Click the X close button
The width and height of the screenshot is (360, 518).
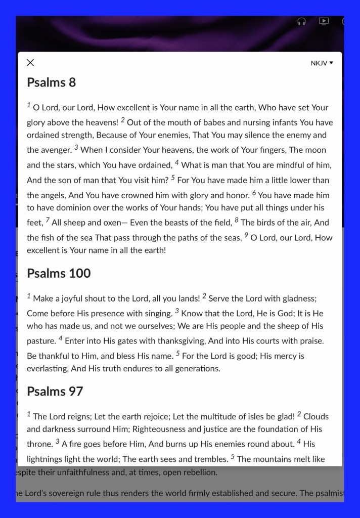30,63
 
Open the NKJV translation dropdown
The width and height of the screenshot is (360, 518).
322,63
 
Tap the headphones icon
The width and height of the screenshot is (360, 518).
302,21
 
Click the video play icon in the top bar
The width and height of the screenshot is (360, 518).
324,21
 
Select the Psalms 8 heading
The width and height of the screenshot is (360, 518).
51,82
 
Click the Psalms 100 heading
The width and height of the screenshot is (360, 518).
59,274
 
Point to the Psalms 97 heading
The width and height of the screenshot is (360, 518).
55,392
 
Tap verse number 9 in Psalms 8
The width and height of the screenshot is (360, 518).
246,235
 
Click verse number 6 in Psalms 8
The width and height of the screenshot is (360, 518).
254,193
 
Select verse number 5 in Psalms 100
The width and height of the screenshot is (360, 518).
177,354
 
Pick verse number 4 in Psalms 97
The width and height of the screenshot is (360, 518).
299,442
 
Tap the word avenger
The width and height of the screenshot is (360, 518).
56,150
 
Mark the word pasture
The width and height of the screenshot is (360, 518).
41,341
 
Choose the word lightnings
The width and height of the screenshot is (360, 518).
48,459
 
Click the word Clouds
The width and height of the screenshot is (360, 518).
316,417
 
